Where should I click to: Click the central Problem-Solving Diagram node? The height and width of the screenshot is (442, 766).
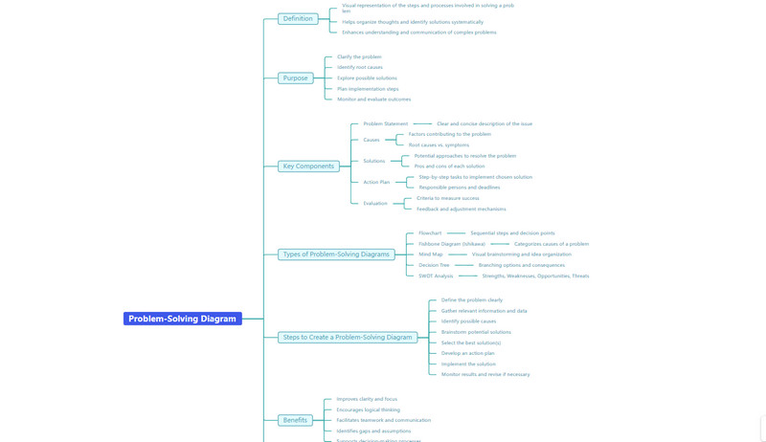click(182, 319)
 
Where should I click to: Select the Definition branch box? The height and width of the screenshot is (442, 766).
click(298, 18)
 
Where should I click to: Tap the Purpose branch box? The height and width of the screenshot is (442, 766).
click(295, 78)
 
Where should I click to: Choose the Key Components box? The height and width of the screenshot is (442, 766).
click(308, 166)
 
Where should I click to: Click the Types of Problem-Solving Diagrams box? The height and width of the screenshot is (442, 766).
click(336, 254)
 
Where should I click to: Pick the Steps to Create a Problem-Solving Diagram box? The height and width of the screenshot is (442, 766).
click(347, 337)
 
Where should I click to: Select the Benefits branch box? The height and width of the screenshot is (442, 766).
click(295, 420)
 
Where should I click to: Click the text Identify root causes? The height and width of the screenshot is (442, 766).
click(359, 68)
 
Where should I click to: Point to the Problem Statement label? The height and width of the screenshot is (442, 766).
click(385, 123)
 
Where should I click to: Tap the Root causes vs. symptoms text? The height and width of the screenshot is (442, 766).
click(439, 145)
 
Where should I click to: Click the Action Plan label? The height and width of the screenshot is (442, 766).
click(376, 182)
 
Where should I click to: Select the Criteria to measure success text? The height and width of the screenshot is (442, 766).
click(447, 198)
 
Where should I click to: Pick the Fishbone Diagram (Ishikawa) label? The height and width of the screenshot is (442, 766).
click(452, 244)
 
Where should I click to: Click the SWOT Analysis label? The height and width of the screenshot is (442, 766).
click(436, 276)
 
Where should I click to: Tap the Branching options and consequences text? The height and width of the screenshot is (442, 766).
click(521, 265)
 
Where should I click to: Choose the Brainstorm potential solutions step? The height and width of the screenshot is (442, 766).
click(476, 332)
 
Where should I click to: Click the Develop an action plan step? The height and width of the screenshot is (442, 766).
click(467, 353)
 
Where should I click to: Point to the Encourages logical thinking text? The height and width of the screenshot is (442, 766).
click(368, 409)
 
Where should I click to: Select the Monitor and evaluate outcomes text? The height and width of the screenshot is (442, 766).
click(373, 99)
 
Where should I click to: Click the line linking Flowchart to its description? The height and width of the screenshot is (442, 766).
click(456, 233)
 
